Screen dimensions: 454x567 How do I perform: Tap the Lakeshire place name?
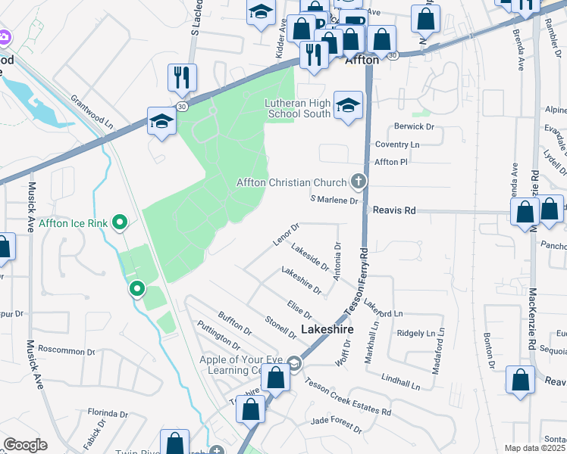pyautogui.click(x=327, y=330)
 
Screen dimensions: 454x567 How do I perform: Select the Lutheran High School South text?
pyautogui.click(x=298, y=108)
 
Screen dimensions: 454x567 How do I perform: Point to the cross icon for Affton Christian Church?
pyautogui.click(x=358, y=182)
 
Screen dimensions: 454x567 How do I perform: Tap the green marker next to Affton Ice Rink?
pyautogui.click(x=119, y=222)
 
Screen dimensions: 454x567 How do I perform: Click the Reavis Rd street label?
pyautogui.click(x=396, y=211)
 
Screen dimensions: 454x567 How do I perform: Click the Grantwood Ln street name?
pyautogui.click(x=96, y=111)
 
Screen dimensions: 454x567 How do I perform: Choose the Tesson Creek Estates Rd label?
pyautogui.click(x=348, y=397)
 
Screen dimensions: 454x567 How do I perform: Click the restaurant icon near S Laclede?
pyautogui.click(x=182, y=76)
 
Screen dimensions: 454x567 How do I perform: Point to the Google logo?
pyautogui.click(x=25, y=444)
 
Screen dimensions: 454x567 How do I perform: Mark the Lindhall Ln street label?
pyautogui.click(x=400, y=380)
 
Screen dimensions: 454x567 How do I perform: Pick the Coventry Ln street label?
pyautogui.click(x=398, y=145)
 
